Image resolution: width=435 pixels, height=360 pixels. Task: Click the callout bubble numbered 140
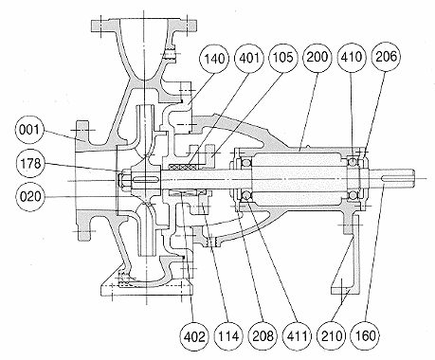coord(214,59)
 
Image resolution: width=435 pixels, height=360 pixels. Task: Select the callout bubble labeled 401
coord(249,58)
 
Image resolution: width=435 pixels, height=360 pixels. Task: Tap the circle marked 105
coord(282,58)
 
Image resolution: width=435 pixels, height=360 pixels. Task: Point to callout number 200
coord(317,58)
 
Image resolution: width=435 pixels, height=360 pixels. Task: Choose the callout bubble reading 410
coord(352,58)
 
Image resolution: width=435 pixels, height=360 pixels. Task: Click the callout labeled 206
coord(386,57)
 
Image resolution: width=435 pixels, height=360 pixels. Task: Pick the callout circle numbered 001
coord(29,131)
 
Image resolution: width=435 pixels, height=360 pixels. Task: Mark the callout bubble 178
coord(30,164)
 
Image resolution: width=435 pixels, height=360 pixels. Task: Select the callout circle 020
coord(30,197)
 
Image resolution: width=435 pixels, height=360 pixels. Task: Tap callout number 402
coord(194,336)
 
